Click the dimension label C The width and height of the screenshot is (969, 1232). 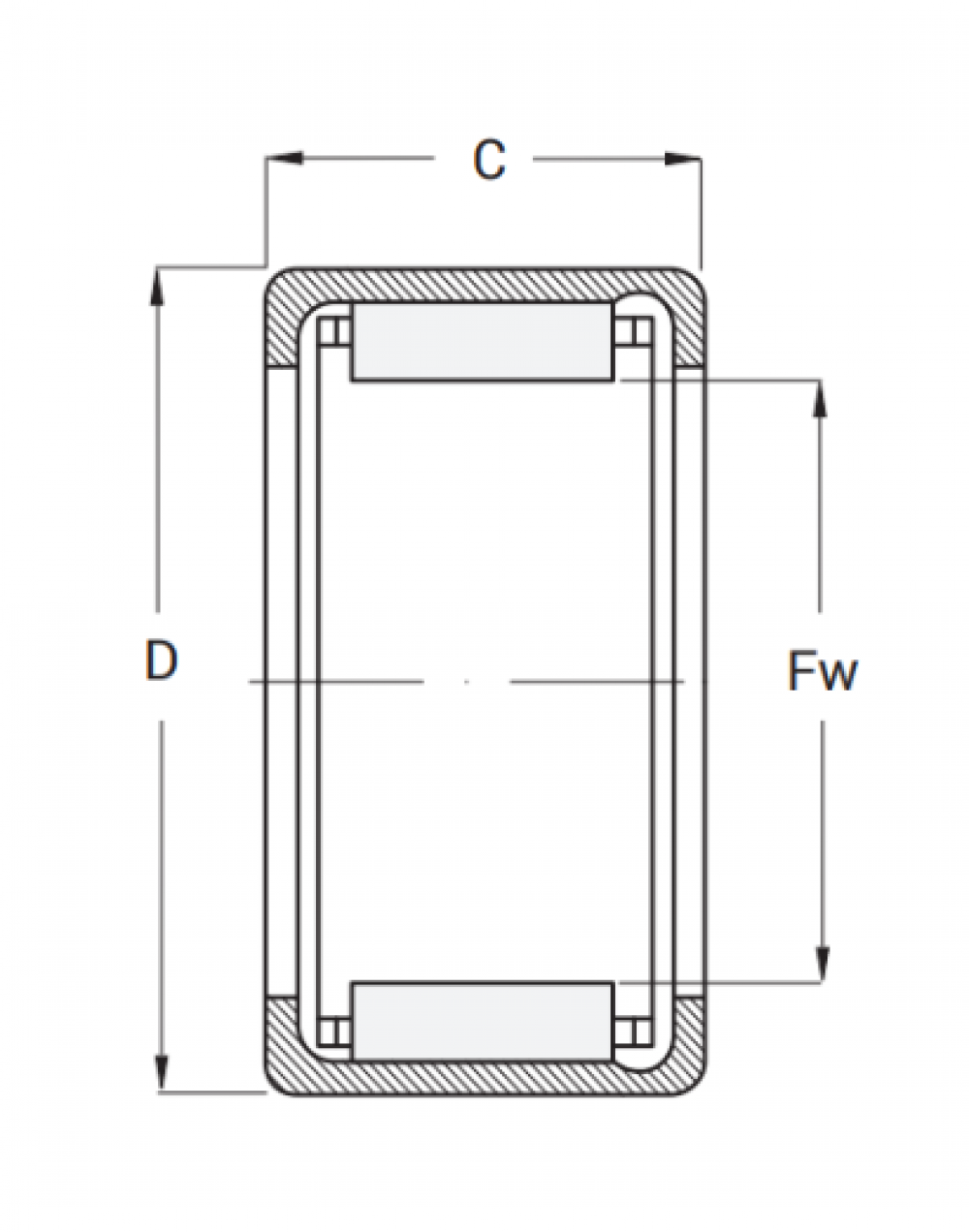coord(489,160)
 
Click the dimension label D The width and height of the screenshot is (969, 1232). coord(161,661)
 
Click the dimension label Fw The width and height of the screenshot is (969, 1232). coord(823,671)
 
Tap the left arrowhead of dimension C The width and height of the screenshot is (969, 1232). coord(285,158)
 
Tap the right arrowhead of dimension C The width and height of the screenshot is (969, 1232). coord(682,158)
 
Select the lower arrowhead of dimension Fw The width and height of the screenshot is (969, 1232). coord(823,966)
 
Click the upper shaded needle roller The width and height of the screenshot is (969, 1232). coord(483,342)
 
